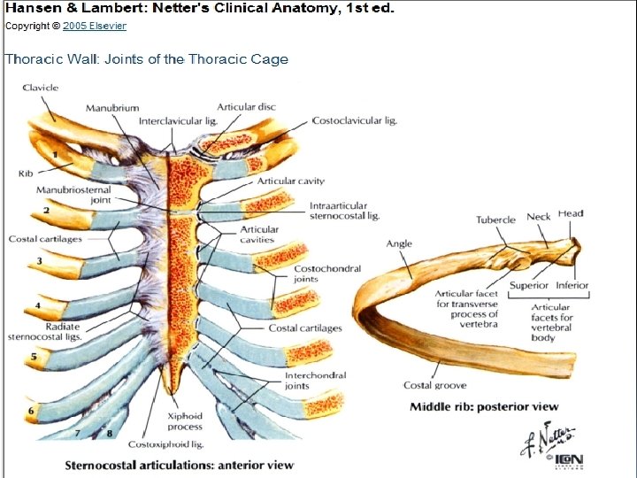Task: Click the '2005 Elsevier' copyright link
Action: point(94,26)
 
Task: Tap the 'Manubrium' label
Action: point(112,108)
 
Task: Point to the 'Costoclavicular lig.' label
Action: point(354,120)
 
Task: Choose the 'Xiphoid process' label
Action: point(185,420)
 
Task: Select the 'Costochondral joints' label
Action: point(318,274)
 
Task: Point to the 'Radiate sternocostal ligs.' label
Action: point(43,331)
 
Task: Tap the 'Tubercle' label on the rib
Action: point(495,220)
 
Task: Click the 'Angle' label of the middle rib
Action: point(399,244)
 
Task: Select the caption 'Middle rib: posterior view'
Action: point(484,407)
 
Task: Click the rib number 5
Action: point(33,358)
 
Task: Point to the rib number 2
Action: point(45,211)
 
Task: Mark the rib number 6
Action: point(31,411)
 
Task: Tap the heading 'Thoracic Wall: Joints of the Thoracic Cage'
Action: point(147,59)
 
